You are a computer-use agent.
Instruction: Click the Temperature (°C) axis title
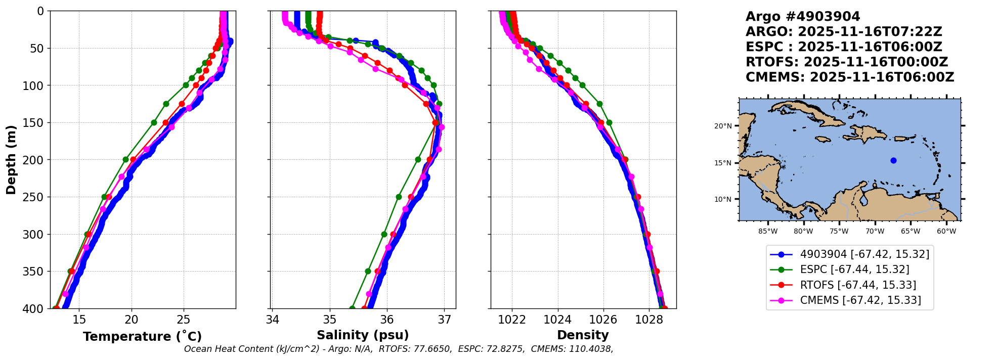click(x=142, y=337)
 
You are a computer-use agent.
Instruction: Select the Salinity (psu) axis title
click(x=363, y=335)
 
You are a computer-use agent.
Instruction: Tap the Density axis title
click(x=583, y=335)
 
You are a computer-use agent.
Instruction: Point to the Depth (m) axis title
click(x=11, y=160)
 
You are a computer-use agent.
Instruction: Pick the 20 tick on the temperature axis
click(x=132, y=320)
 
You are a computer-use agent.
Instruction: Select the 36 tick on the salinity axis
click(x=387, y=320)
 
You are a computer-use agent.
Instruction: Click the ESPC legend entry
click(x=854, y=269)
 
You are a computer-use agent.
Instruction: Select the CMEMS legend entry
click(x=860, y=300)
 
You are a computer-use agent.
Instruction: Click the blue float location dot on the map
click(x=893, y=161)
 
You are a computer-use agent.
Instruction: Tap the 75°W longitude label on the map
click(x=839, y=232)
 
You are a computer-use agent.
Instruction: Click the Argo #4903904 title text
click(x=803, y=17)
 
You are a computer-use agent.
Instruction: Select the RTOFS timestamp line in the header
click(x=846, y=62)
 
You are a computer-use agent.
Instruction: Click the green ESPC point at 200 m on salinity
click(x=418, y=159)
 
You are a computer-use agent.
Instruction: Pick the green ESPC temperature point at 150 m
click(x=154, y=122)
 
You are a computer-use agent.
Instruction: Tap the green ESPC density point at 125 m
click(x=599, y=104)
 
